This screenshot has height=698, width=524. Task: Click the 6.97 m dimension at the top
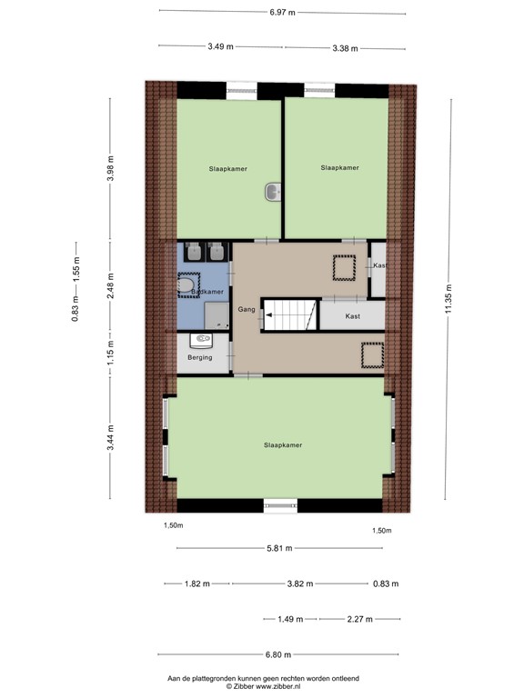pos(282,13)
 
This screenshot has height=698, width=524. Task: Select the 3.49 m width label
pos(219,46)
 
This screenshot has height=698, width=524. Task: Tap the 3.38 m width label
pos(345,47)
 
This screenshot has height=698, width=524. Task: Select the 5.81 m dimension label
pos(279,549)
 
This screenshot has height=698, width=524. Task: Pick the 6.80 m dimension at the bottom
pos(278,654)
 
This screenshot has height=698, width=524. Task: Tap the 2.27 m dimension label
pos(359,619)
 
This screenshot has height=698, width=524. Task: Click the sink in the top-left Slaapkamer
pos(273,192)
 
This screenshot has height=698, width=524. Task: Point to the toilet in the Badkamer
pos(188,286)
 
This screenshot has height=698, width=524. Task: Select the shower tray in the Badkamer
pos(216,314)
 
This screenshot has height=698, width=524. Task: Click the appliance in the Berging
pos(202,341)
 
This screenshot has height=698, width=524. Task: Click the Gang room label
pos(246,310)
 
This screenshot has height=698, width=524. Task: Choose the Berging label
pos(199,358)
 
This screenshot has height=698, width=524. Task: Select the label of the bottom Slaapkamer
pos(282,445)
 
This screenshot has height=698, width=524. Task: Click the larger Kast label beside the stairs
pos(353,315)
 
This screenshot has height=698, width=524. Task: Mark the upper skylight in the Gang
pos(343,269)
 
